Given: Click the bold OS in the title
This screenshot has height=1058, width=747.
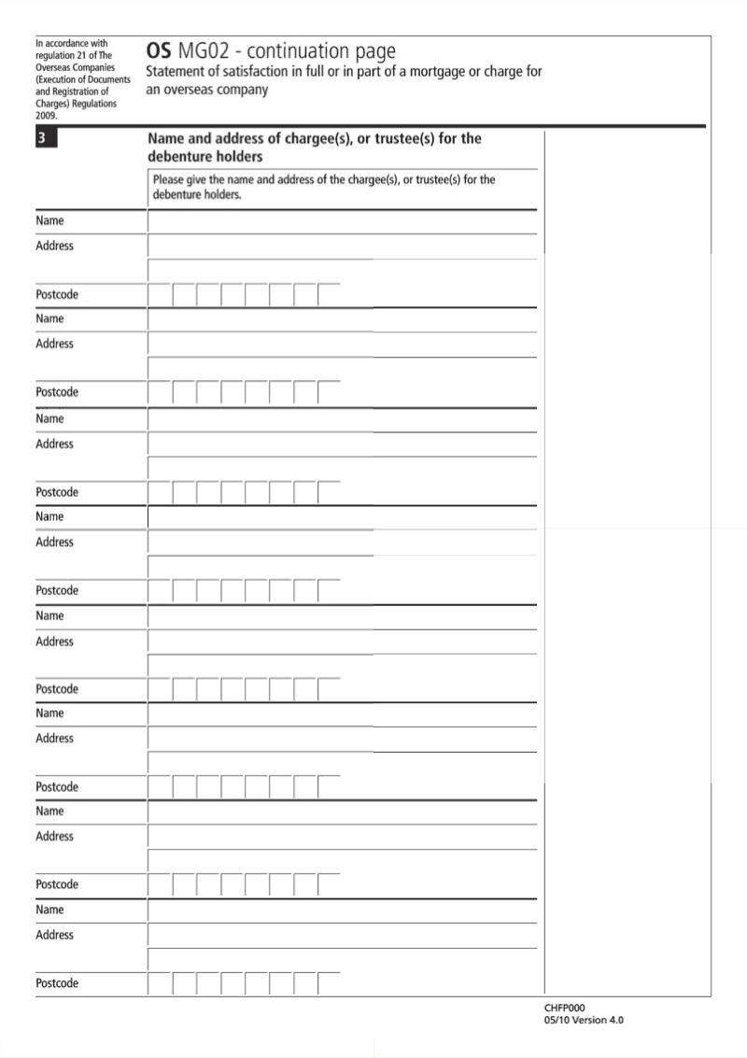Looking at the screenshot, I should click(x=159, y=51).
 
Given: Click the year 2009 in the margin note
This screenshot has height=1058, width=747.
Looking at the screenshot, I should click(x=47, y=117).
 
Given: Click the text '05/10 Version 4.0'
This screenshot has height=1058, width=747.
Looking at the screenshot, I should click(x=584, y=1021).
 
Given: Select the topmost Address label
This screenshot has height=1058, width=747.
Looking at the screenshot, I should click(x=54, y=247).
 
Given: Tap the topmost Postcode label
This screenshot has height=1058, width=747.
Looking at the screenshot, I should click(x=57, y=295).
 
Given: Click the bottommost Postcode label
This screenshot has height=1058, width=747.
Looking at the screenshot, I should click(x=57, y=984).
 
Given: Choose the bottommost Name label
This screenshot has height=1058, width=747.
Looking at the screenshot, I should click(x=49, y=910).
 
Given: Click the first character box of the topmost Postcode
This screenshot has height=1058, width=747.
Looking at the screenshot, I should click(x=161, y=295).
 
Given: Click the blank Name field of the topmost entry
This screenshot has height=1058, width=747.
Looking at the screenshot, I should click(x=342, y=222).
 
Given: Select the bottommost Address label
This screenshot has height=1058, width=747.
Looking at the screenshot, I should click(x=54, y=935).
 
